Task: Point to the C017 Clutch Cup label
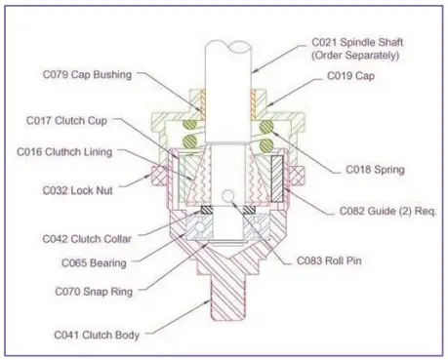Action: click(x=71, y=121)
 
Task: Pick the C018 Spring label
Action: click(x=377, y=169)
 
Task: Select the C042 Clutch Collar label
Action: click(x=90, y=234)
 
